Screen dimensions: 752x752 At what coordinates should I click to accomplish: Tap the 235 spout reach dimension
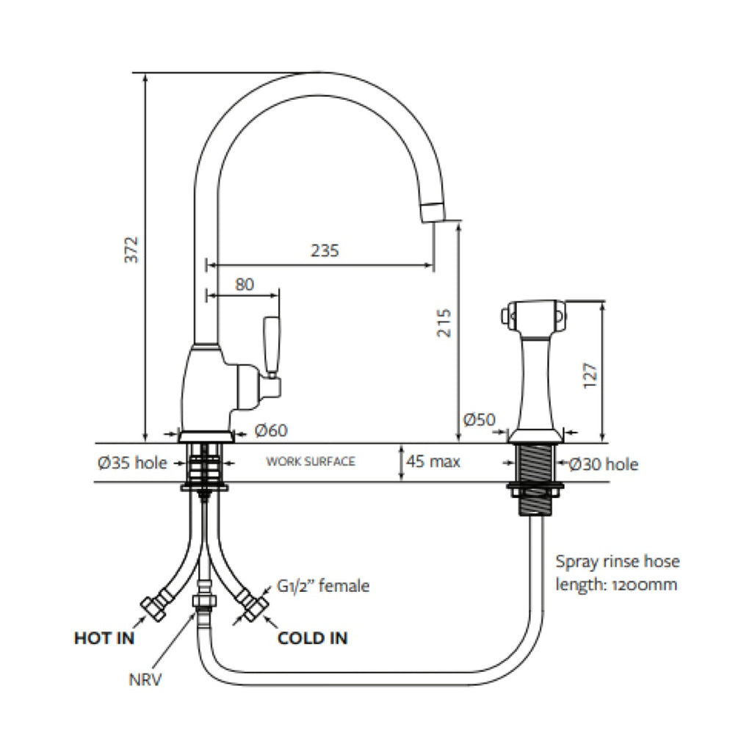(324, 250)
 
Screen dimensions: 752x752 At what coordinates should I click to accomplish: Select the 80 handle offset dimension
(245, 284)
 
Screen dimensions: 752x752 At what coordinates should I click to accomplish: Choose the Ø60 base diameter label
(271, 430)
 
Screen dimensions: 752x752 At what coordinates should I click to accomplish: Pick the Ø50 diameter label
(480, 420)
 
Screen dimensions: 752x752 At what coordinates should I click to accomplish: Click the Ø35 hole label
(131, 463)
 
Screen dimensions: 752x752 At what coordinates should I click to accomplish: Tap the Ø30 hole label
(604, 464)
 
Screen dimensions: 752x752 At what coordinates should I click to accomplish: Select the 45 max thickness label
(433, 462)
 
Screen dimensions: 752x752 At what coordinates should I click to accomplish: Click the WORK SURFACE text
(311, 462)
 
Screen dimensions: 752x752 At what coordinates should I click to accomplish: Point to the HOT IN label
(104, 638)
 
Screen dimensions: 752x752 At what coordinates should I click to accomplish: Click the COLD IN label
(312, 638)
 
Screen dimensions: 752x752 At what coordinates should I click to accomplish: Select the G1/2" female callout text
(323, 586)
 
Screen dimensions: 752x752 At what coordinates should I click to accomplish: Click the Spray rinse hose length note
(617, 574)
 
